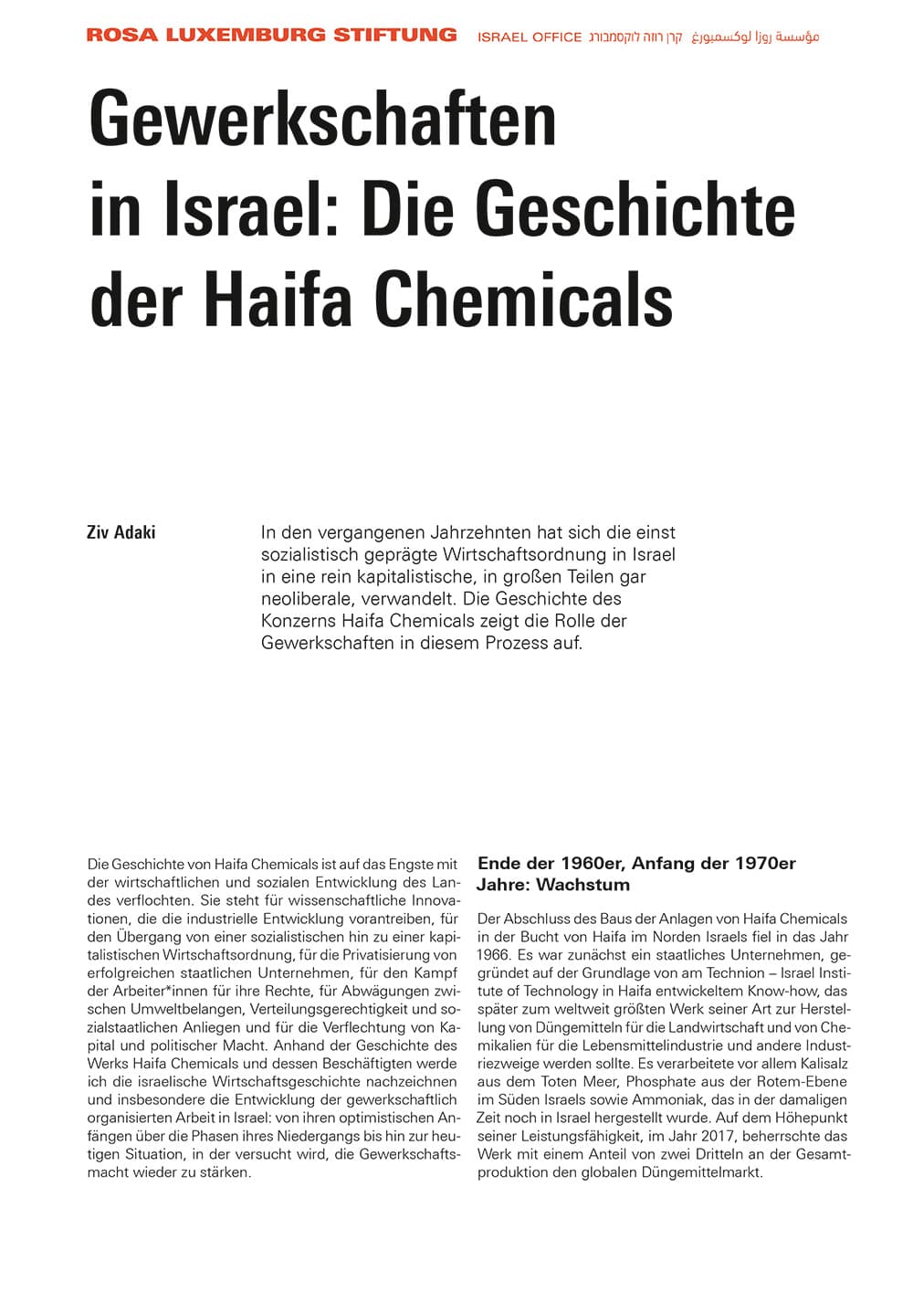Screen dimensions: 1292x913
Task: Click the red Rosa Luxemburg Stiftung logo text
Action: [x=271, y=36]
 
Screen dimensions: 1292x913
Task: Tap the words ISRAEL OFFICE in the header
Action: [x=530, y=37]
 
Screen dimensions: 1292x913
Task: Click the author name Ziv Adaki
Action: [x=121, y=532]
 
